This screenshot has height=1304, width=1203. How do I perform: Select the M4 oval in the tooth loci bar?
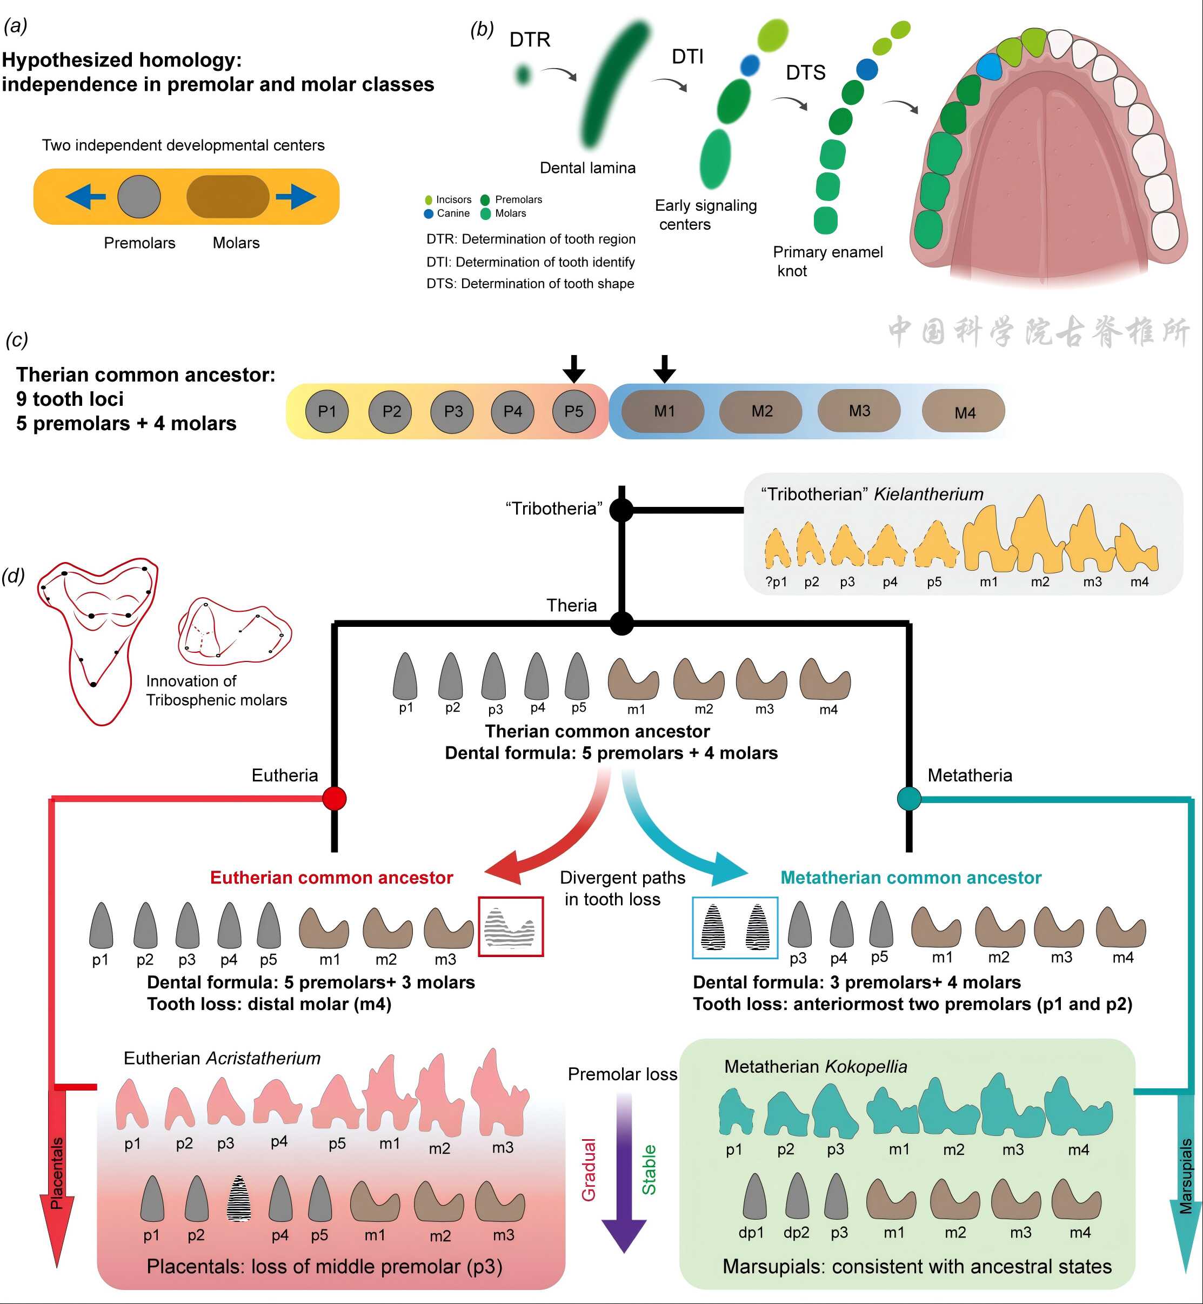964,412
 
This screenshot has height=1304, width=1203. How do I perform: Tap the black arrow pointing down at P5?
573,369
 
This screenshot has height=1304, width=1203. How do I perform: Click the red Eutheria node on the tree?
335,798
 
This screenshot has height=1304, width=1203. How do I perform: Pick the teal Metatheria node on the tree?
909,798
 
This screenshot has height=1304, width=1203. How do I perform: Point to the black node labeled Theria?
621,624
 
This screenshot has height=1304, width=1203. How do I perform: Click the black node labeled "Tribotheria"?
621,510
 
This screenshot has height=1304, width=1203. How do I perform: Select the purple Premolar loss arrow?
624,1172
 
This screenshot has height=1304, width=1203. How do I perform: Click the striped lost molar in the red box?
511,926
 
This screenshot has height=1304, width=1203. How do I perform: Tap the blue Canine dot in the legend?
429,213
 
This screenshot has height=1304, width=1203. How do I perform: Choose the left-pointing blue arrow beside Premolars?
86,196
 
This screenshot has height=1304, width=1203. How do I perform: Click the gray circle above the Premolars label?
139,196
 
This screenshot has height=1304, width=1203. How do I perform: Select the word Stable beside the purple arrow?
649,1170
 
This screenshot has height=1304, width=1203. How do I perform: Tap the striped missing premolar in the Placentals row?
239,1199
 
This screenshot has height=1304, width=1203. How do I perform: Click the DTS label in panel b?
805,72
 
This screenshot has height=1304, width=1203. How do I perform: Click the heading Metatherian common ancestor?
911,878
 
